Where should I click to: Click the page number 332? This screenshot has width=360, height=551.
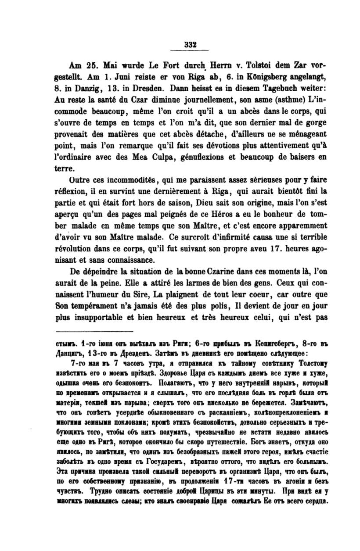coord(190,44)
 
